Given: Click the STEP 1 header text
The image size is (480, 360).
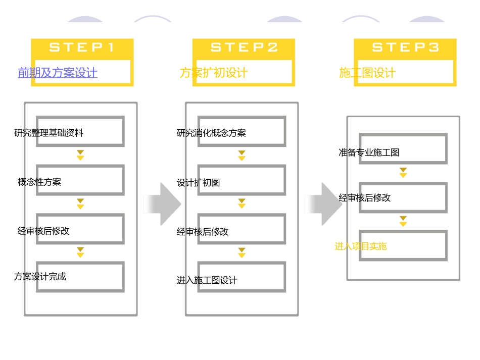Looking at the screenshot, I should (82, 47).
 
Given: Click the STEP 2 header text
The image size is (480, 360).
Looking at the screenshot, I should (244, 47).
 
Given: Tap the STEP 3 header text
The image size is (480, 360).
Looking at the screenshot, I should (405, 47).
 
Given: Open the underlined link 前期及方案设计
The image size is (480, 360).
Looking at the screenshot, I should (58, 73).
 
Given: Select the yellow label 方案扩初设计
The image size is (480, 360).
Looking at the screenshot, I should (213, 73).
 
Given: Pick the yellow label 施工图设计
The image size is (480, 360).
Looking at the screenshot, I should (367, 73).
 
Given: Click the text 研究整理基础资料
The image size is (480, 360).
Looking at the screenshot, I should (49, 133).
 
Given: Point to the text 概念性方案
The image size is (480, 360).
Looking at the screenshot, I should (39, 182).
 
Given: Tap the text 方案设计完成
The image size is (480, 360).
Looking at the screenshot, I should (40, 276).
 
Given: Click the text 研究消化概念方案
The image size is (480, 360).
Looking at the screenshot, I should (211, 133).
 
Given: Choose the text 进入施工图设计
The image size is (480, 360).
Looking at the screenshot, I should (207, 280).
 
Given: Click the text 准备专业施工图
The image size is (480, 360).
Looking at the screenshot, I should (369, 152).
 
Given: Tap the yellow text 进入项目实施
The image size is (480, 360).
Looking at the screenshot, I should (360, 246).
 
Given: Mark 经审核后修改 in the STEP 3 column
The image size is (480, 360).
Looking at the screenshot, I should (364, 197).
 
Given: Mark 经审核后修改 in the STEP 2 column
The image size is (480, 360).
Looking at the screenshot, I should (203, 232).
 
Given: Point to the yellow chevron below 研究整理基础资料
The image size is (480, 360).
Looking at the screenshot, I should (80, 155).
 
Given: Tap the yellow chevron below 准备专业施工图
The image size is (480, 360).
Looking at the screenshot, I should (403, 173).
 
